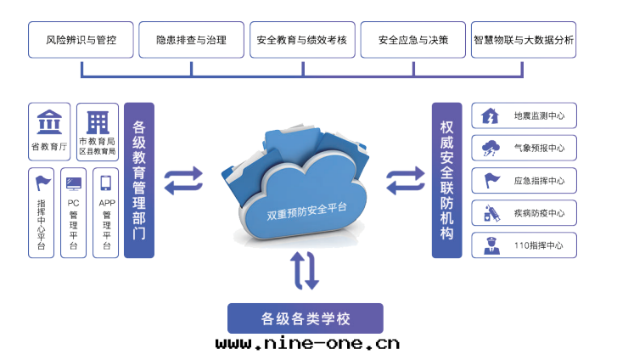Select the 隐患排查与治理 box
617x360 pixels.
(192, 40)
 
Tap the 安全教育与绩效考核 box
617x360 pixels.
(303, 40)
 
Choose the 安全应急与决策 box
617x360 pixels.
(413, 40)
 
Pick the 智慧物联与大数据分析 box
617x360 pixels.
(524, 40)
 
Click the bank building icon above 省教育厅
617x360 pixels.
(48, 122)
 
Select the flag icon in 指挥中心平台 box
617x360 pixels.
(42, 182)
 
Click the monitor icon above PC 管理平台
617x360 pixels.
(75, 183)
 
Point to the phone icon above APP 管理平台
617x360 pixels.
(106, 183)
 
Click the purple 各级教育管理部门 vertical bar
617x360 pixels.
(139, 180)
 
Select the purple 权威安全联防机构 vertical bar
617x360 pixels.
(446, 180)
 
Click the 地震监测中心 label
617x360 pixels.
(539, 115)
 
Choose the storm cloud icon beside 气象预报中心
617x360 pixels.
(491, 148)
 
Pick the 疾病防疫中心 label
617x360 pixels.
(539, 212)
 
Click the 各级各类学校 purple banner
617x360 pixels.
(306, 318)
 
